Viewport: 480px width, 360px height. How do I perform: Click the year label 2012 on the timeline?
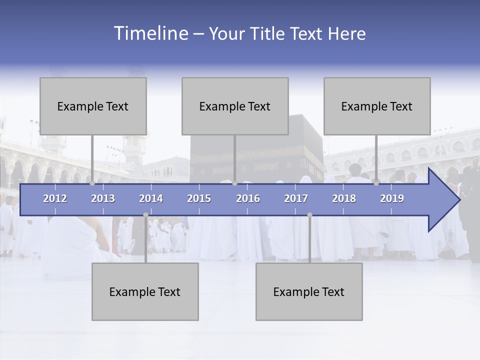[x=55, y=198]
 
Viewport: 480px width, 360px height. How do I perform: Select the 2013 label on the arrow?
[x=103, y=198]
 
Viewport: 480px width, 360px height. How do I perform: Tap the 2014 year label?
[x=151, y=198]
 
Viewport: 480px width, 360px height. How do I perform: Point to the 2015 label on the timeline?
[x=199, y=198]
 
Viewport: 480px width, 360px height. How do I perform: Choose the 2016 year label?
[x=248, y=198]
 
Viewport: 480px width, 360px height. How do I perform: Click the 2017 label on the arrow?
[x=296, y=198]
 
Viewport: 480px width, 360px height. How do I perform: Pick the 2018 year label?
[x=344, y=198]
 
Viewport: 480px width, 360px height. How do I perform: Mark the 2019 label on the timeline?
[x=392, y=198]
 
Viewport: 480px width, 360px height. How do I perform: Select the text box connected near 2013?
[x=93, y=106]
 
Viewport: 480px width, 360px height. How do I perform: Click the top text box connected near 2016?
[x=235, y=106]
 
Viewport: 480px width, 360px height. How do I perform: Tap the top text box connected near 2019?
[x=377, y=106]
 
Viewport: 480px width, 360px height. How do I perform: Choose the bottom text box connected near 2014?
[x=145, y=291]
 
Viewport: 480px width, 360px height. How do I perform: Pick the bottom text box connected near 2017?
[x=309, y=291]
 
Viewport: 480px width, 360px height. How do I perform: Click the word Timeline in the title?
[x=150, y=33]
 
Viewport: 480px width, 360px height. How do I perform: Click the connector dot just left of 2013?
[x=92, y=183]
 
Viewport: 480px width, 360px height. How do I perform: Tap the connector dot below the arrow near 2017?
[x=309, y=215]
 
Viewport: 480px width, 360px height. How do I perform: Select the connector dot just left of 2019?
[x=376, y=183]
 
